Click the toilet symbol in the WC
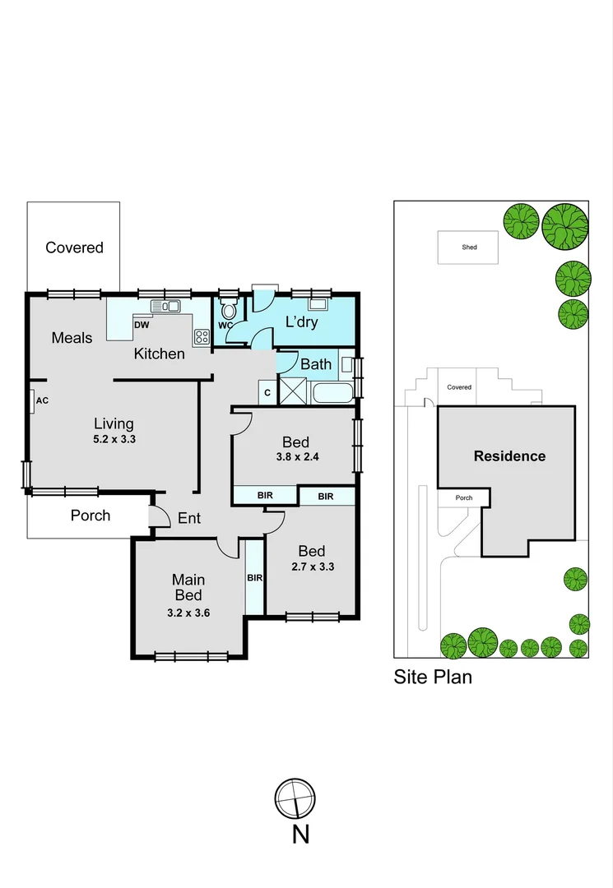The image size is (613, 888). (228, 310)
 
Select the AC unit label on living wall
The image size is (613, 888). (42, 400)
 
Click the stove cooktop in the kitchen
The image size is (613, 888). (201, 335)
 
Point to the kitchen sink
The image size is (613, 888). (165, 307)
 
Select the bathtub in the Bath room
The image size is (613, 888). (332, 391)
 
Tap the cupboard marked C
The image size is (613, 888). (267, 393)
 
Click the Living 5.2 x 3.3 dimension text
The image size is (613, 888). (114, 439)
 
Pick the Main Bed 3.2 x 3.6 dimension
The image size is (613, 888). (189, 611)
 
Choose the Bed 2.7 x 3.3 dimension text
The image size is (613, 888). (311, 567)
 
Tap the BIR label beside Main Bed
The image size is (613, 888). (254, 577)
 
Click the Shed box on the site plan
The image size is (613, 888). (468, 247)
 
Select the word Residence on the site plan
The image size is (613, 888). (509, 456)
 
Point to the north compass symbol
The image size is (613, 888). (295, 798)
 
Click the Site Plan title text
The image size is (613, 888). (432, 678)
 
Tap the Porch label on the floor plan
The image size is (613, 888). (91, 516)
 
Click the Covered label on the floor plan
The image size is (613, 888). (74, 247)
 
